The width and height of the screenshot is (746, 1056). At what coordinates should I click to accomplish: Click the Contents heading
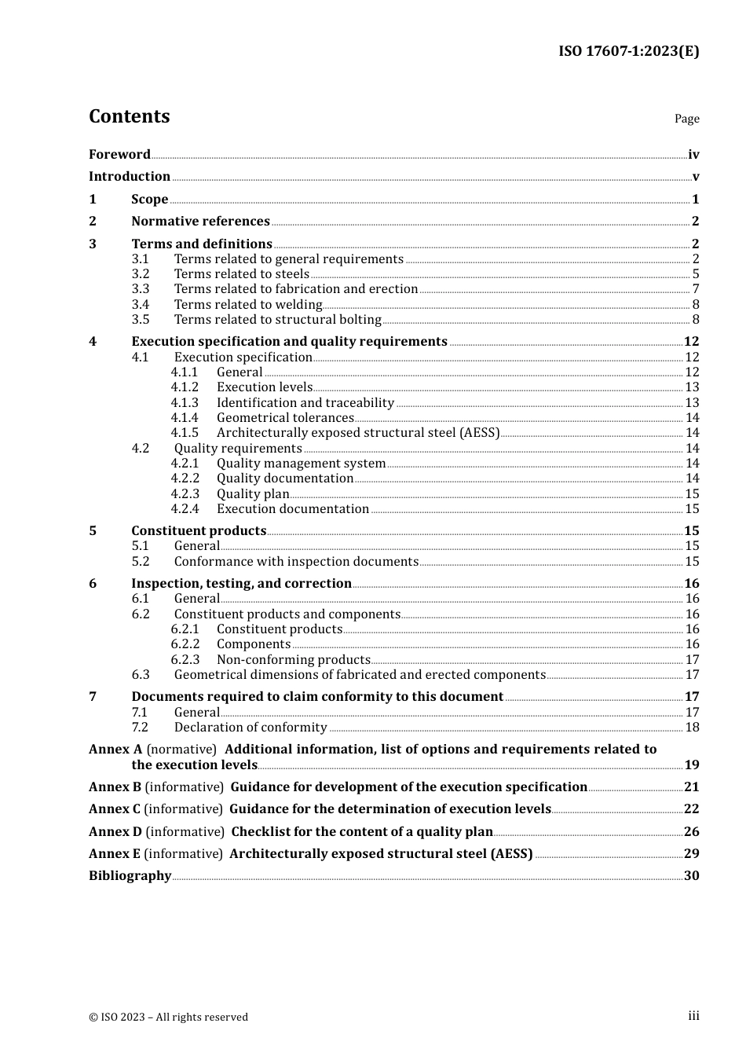[x=129, y=116]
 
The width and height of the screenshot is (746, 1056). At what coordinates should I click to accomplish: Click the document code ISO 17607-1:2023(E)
[x=628, y=51]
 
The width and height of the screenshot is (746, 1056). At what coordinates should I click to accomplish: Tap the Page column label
[x=686, y=119]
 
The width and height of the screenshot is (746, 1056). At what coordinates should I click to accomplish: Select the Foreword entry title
[x=119, y=155]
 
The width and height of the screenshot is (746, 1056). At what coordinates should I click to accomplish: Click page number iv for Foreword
[x=693, y=155]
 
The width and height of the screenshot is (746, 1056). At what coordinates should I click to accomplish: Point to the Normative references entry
[x=200, y=222]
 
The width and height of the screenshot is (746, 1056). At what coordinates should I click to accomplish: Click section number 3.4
[x=141, y=305]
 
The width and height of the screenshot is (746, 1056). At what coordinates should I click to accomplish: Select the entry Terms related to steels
[x=241, y=274]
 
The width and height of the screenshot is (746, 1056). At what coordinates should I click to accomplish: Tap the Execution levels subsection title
[x=264, y=387]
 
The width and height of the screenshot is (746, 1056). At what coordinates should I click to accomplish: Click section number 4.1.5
[x=185, y=433]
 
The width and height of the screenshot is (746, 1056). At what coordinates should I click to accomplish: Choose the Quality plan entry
[x=252, y=494]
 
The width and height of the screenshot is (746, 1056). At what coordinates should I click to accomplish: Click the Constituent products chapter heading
[x=199, y=531]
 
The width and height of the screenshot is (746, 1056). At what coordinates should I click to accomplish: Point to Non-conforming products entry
[x=293, y=660]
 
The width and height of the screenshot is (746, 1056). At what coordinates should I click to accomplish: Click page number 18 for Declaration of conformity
[x=692, y=728]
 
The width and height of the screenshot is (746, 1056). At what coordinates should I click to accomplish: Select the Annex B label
[x=115, y=787]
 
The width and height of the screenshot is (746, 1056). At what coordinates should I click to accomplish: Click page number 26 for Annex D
[x=691, y=832]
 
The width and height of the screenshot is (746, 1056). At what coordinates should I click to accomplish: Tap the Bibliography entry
[x=130, y=876]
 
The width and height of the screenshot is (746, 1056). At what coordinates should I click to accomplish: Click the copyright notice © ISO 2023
[x=168, y=1017]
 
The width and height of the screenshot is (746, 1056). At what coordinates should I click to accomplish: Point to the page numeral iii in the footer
[x=693, y=1016]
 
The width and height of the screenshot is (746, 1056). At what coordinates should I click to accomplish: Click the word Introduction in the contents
[x=130, y=177]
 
